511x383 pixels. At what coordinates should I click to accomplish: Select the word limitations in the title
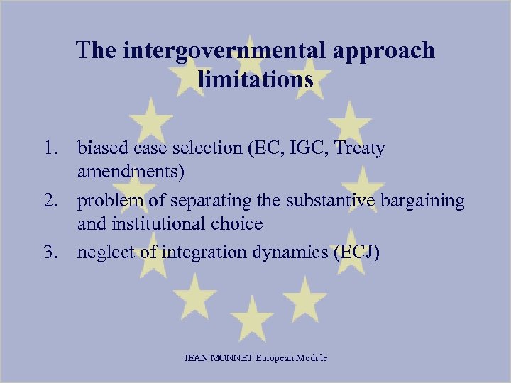255,79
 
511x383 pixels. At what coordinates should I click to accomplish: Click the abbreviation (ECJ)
356,253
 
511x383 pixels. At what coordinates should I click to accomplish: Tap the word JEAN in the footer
195,358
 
